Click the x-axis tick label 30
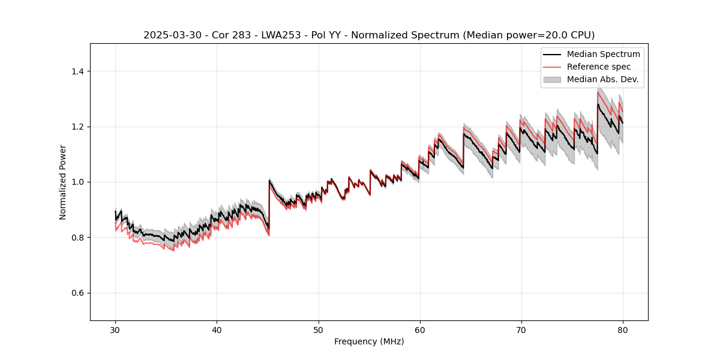[x=115, y=329]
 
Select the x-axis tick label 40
[x=217, y=329]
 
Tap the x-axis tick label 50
[x=318, y=329]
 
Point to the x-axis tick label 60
[x=419, y=329]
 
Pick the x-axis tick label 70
[x=521, y=329]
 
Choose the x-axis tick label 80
[x=622, y=329]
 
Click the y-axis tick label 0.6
[x=78, y=293]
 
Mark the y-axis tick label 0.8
[x=78, y=238]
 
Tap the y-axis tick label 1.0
[x=78, y=182]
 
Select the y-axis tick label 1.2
[x=78, y=127]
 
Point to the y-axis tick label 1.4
[x=78, y=71]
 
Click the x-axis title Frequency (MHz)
[x=369, y=341]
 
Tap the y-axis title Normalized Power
[x=63, y=182]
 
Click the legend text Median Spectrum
[x=603, y=54]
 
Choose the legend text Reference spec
[x=599, y=67]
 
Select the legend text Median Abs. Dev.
[x=602, y=79]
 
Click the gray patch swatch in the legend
[x=552, y=79]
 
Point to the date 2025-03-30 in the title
[x=170, y=35]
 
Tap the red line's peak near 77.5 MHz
[x=598, y=92]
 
